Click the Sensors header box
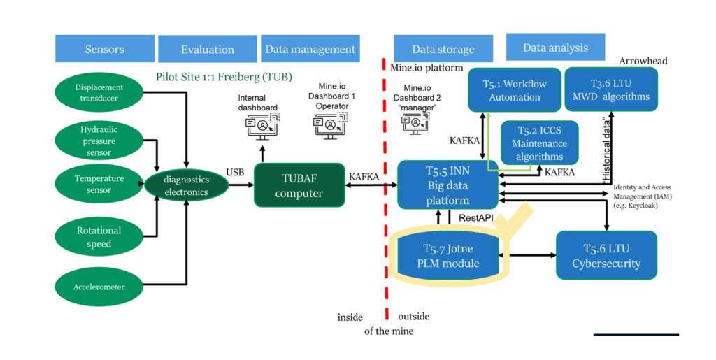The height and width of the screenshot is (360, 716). click(x=104, y=49)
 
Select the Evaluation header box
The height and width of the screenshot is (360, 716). click(x=207, y=49)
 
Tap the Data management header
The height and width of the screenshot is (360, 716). click(x=310, y=49)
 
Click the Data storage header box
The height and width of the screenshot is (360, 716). click(x=443, y=49)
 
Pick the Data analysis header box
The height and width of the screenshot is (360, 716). click(x=555, y=48)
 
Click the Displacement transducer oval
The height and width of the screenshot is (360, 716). click(x=99, y=93)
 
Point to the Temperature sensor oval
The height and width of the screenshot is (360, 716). click(x=99, y=183)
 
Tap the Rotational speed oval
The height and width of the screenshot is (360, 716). click(x=99, y=236)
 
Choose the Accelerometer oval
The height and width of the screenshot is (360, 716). click(x=99, y=285)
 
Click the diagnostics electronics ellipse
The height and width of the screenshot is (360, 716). click(x=186, y=186)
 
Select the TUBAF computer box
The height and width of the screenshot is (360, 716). click(x=299, y=186)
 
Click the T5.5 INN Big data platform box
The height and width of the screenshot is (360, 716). click(x=447, y=185)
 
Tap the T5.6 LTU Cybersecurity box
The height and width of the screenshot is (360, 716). click(x=606, y=255)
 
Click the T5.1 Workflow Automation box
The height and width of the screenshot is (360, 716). click(x=515, y=89)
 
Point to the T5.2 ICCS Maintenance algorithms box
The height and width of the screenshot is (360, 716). click(x=539, y=143)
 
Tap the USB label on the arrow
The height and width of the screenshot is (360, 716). click(x=235, y=172)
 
